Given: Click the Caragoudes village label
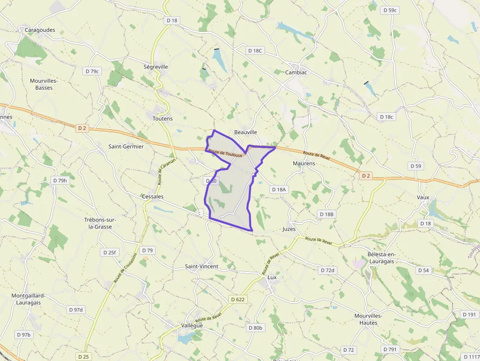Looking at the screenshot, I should [x=40, y=30].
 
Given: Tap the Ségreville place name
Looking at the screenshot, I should [x=156, y=67].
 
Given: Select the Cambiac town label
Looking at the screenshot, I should [x=296, y=72].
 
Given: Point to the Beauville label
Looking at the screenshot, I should [x=245, y=132].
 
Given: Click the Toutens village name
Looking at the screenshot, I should [x=163, y=119].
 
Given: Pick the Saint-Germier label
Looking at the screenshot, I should [x=126, y=146].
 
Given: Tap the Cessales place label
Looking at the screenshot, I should [x=152, y=196].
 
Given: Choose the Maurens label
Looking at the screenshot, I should [x=304, y=163].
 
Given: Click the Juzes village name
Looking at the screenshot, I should [x=289, y=229].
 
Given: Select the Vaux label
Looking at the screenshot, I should [x=423, y=197].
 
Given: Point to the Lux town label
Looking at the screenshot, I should [x=272, y=277].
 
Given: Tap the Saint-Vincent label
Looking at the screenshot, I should [x=201, y=266].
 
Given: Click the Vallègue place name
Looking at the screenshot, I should [x=192, y=326].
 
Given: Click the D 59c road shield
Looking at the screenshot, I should [x=390, y=10].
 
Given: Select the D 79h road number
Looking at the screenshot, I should [x=60, y=180].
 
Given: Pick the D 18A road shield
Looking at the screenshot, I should [x=279, y=189].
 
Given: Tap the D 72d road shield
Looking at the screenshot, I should [x=327, y=270].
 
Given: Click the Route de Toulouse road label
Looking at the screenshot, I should [x=225, y=153].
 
